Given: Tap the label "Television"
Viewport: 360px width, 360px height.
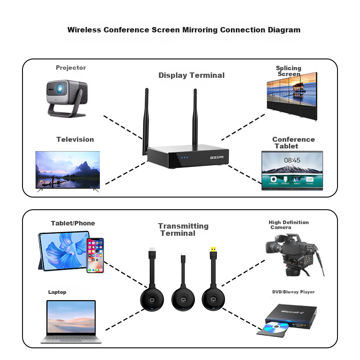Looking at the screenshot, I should (75, 139).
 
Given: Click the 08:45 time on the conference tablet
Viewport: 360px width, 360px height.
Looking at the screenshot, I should (292, 160).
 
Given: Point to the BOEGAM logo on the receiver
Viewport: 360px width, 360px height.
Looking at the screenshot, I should (220, 157).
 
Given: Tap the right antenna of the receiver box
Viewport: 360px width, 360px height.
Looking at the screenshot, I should (196, 119).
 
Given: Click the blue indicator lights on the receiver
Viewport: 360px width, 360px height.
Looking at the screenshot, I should (184, 157).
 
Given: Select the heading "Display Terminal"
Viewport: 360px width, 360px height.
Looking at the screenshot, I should (191, 76).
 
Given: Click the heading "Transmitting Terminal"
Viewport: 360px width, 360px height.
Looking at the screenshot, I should (183, 229).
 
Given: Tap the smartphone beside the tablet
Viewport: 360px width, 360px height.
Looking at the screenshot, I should (95, 255).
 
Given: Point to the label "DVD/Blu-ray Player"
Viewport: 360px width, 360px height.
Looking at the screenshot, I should (293, 292).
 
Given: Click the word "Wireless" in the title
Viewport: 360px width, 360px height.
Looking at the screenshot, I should (84, 30).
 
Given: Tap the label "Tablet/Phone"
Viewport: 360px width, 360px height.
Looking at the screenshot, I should (73, 223).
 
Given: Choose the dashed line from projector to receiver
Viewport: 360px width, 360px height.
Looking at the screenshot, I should (123, 129).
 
